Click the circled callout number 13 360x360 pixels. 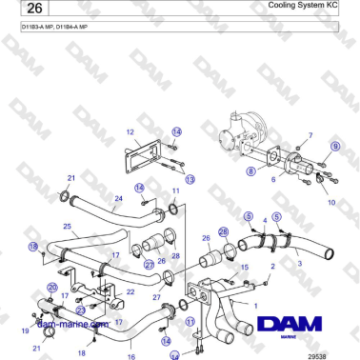[190, 179]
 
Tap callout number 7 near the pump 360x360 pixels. [310, 136]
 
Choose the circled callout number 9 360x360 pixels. [334, 145]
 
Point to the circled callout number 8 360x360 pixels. [250, 171]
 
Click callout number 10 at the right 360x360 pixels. [330, 202]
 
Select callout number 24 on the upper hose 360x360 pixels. [118, 199]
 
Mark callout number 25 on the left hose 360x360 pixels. [67, 227]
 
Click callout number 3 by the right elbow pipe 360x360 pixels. [300, 262]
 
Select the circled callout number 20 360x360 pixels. [52, 287]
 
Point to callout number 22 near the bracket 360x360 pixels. [130, 291]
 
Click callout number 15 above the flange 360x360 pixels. [245, 269]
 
